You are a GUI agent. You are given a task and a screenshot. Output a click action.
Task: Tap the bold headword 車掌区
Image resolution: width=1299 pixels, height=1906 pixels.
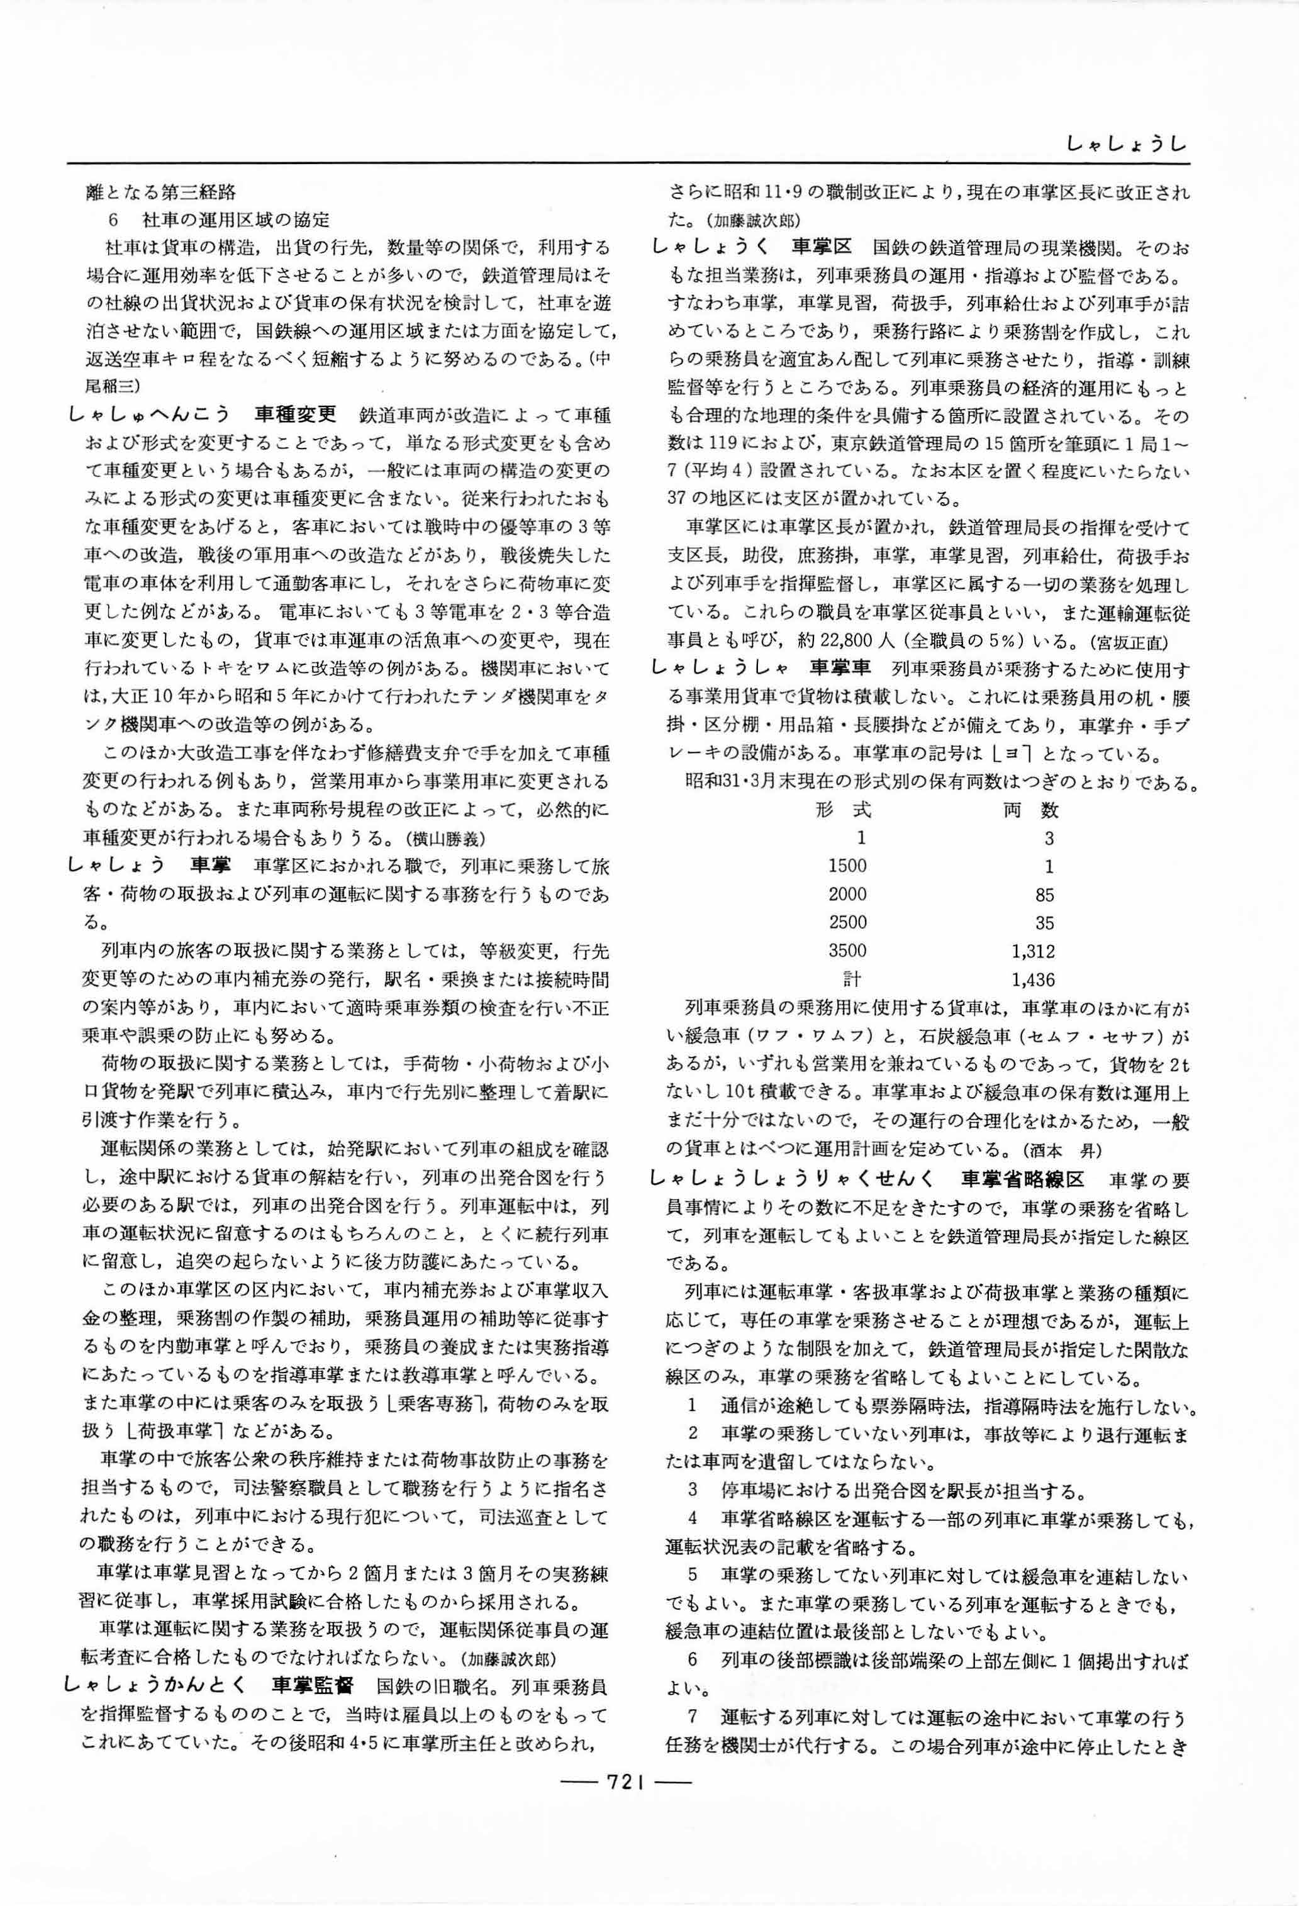[823, 247]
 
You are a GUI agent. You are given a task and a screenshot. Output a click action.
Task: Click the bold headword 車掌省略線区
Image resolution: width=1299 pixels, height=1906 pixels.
[1023, 1179]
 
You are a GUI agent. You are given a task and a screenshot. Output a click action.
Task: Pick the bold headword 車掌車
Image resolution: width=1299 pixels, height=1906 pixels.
[840, 669]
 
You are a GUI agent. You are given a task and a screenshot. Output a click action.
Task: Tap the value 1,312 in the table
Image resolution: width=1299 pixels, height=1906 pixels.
[1034, 951]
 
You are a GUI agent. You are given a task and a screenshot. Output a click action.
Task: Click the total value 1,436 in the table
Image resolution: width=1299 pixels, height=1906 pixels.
[1034, 979]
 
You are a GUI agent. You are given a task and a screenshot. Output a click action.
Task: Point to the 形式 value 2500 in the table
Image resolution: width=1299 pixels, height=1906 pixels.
[847, 923]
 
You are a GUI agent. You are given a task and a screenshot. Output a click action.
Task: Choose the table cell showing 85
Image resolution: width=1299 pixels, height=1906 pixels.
[1044, 894]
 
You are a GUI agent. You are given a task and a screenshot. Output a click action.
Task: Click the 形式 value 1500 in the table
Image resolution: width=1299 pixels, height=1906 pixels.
[847, 867]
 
